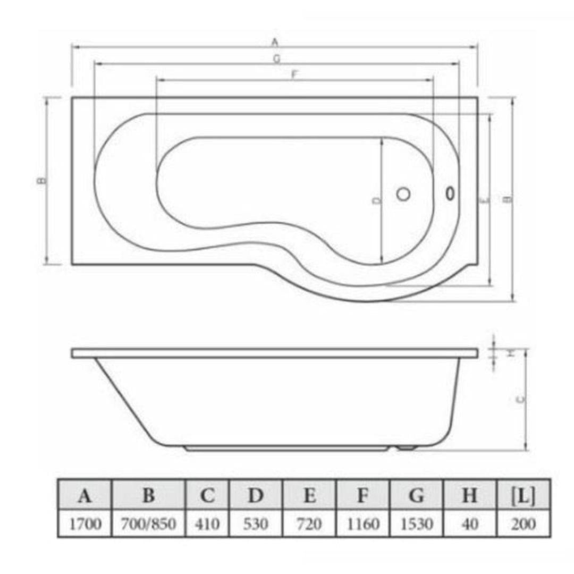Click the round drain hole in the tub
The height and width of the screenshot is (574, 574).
(x=403, y=195)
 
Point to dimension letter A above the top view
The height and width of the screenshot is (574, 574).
(x=275, y=41)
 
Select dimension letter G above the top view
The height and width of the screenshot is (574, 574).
(x=276, y=58)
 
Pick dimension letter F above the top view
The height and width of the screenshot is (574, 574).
(x=294, y=75)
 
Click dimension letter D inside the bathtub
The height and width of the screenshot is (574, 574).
(x=376, y=200)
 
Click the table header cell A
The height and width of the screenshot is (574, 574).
(x=84, y=496)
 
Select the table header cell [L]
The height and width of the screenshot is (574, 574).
(x=524, y=496)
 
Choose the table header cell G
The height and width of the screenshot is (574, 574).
(x=416, y=496)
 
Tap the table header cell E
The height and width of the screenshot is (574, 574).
(x=309, y=496)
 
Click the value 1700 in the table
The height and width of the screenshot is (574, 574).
(x=84, y=525)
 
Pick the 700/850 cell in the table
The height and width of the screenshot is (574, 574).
(x=148, y=525)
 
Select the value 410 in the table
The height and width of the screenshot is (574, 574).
(x=207, y=525)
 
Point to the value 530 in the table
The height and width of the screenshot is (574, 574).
(x=256, y=525)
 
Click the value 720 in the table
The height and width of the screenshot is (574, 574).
(x=309, y=525)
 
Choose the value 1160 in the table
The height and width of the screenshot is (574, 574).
(x=362, y=525)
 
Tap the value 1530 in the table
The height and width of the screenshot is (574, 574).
(x=416, y=525)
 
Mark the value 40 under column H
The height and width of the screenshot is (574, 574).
(x=470, y=525)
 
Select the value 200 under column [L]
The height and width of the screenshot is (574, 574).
(x=524, y=525)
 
